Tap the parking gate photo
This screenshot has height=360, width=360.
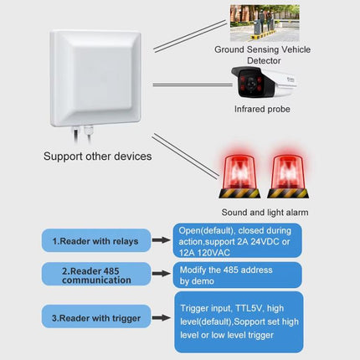265,23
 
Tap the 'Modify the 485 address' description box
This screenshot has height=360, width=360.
238,275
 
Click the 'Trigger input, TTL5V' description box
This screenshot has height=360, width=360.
238,321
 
